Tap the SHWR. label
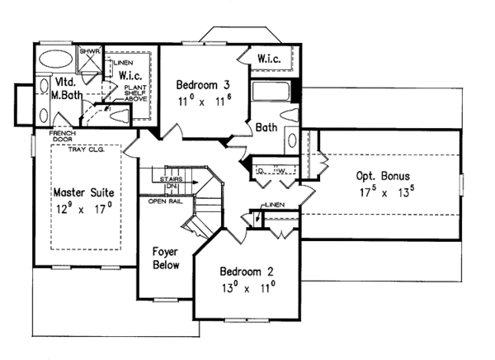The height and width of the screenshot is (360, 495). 89,50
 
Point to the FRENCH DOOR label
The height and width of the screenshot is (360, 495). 63,137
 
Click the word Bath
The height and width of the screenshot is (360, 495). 266,128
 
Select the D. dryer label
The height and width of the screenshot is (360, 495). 260,172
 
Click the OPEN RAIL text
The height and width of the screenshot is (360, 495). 165,201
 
